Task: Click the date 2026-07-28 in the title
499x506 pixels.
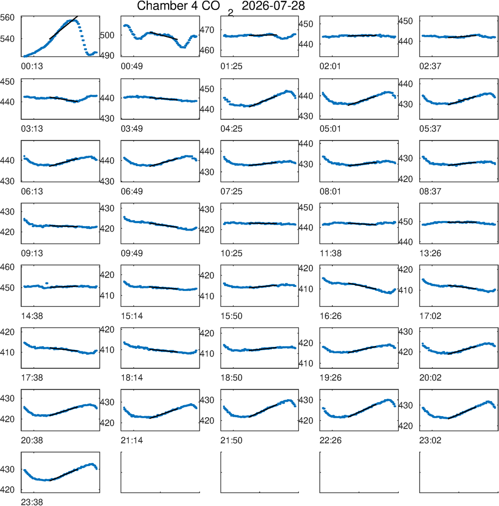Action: tap(273, 6)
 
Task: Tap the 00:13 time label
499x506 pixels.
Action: tap(32, 66)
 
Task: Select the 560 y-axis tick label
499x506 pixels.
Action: tap(7, 17)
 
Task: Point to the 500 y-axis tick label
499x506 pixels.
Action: tap(107, 35)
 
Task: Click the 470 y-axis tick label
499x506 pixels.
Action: tap(207, 30)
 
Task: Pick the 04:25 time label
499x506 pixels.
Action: tap(232, 129)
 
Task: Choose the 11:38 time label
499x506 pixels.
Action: tap(330, 253)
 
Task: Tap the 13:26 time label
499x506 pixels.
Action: tap(430, 253)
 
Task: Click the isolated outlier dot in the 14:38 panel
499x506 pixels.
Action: tap(47, 283)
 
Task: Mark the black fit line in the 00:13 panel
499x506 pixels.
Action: tap(63, 27)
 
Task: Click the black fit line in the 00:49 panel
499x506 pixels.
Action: tap(164, 35)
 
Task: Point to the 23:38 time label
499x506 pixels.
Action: tap(32, 502)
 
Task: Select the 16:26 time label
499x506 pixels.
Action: tap(330, 316)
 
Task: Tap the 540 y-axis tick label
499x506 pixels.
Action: tap(7, 39)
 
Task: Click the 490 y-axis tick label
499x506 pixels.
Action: tap(107, 56)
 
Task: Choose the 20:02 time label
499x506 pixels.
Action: tap(430, 378)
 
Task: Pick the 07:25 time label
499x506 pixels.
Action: tap(232, 191)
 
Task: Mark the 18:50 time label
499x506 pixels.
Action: tap(232, 378)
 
